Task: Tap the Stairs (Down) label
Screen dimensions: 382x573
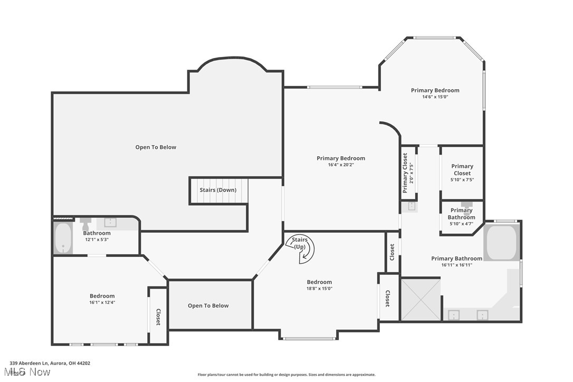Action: pyautogui.click(x=217, y=190)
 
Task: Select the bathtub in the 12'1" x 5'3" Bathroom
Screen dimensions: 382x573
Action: pyautogui.click(x=63, y=238)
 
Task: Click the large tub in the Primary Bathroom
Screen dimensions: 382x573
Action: pyautogui.click(x=501, y=243)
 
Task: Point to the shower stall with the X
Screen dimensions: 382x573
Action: pyautogui.click(x=421, y=300)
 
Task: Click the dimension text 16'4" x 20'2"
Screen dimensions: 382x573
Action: pyautogui.click(x=340, y=165)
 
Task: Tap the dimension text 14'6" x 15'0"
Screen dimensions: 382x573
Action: pyautogui.click(x=435, y=97)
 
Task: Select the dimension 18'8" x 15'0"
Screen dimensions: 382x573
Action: pyautogui.click(x=319, y=289)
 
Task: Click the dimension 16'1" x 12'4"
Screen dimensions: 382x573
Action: pyautogui.click(x=102, y=302)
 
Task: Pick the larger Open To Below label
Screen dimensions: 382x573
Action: pyautogui.click(x=156, y=147)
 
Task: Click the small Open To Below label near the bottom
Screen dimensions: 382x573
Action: pyautogui.click(x=208, y=305)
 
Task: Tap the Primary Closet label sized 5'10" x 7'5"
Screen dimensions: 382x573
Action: pyautogui.click(x=462, y=173)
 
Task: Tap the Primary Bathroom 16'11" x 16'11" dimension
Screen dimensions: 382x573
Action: pyautogui.click(x=456, y=265)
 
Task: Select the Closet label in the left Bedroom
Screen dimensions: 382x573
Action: pyautogui.click(x=158, y=317)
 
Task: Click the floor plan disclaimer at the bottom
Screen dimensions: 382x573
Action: pyautogui.click(x=286, y=375)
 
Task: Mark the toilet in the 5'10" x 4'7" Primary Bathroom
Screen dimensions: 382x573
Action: pyautogui.click(x=466, y=205)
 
